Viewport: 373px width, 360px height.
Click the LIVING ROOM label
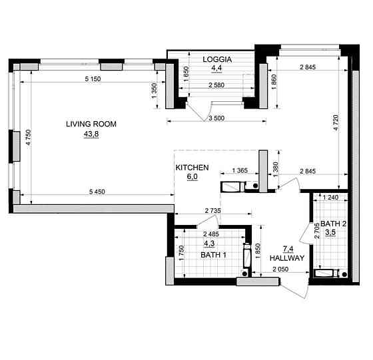click(x=91, y=124)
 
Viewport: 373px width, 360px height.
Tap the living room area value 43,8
click(x=91, y=134)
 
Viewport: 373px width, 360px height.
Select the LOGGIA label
click(x=217, y=59)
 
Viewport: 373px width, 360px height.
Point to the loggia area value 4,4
click(x=216, y=68)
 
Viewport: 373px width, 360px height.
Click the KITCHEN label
click(x=192, y=168)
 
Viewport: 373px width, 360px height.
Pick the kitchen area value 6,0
click(x=192, y=176)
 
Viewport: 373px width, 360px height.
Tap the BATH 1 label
click(x=213, y=255)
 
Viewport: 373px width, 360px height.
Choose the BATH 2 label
click(x=333, y=224)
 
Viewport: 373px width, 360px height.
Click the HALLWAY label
click(x=287, y=258)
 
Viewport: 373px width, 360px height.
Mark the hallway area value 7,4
click(x=288, y=249)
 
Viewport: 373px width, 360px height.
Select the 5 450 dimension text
click(x=97, y=192)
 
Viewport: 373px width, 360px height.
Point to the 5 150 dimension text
click(x=93, y=79)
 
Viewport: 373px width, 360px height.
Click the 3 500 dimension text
click(x=216, y=118)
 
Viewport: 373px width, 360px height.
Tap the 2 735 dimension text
click(x=212, y=210)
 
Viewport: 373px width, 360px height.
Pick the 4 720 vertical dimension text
click(x=336, y=122)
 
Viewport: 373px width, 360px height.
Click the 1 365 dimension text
click(x=240, y=170)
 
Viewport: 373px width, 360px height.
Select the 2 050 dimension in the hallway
click(x=280, y=269)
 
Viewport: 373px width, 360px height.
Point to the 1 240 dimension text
click(x=330, y=197)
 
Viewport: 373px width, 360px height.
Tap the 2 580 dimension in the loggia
click(x=216, y=85)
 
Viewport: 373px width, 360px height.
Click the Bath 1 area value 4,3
click(x=209, y=244)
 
